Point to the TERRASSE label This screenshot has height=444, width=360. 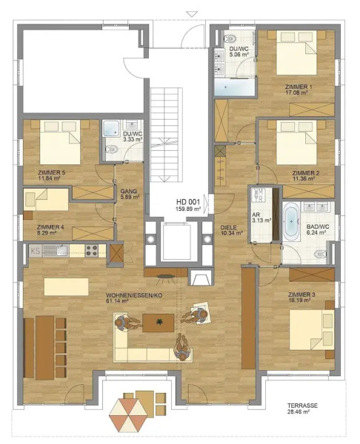click(x=304, y=406)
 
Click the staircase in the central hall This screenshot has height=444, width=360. click(x=167, y=133)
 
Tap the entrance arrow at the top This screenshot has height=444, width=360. click(x=192, y=13)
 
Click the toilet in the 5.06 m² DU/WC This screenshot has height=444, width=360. click(x=230, y=39)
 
